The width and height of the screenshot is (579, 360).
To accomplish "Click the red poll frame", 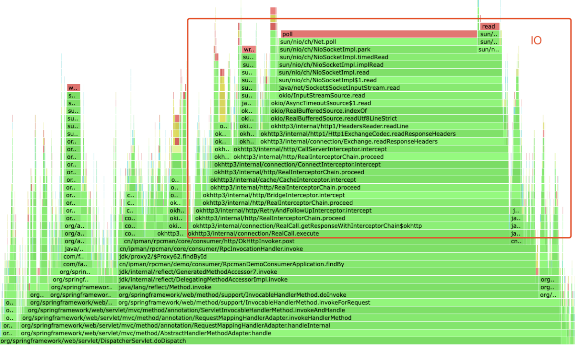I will click(378, 34).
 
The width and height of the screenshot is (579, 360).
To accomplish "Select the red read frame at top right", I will click(489, 26).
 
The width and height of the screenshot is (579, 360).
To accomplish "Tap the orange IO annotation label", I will click(536, 40).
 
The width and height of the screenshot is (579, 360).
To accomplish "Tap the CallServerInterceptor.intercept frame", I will click(368, 149).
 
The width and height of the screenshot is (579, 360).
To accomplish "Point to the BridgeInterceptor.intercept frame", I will click(351, 195).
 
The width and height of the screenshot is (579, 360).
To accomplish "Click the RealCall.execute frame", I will click(348, 234).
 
